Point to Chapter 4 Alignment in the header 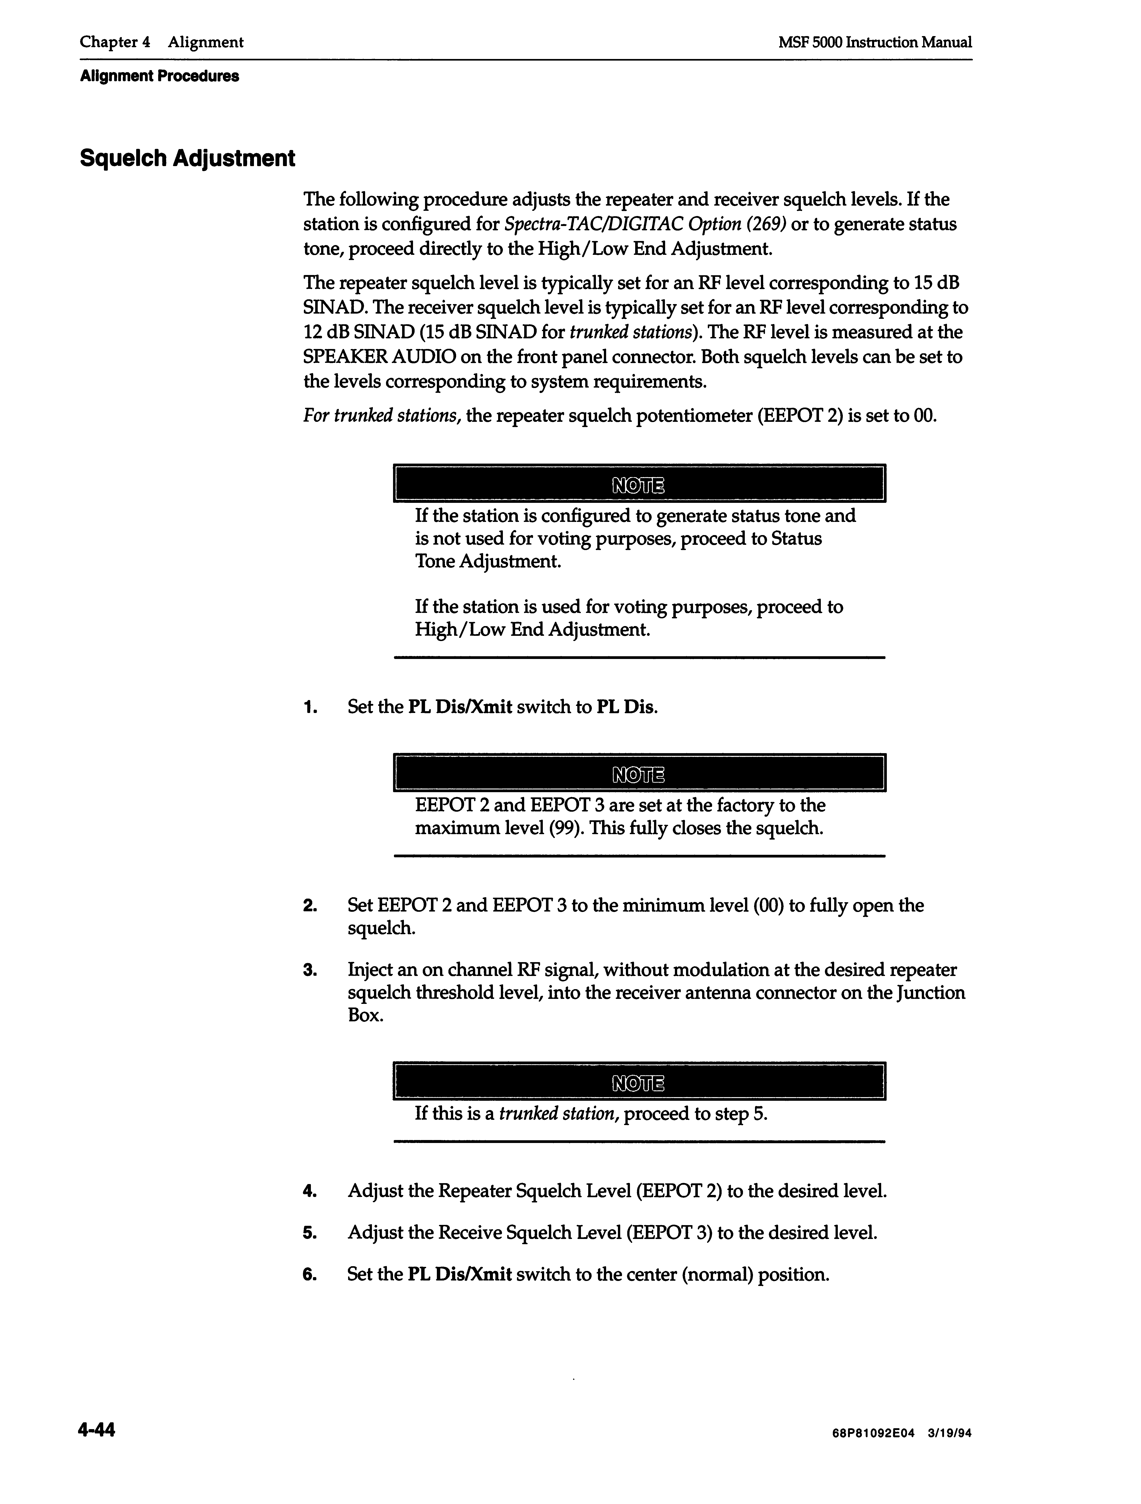161,42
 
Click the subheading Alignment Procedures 159,76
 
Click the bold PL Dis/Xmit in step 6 460,1274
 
